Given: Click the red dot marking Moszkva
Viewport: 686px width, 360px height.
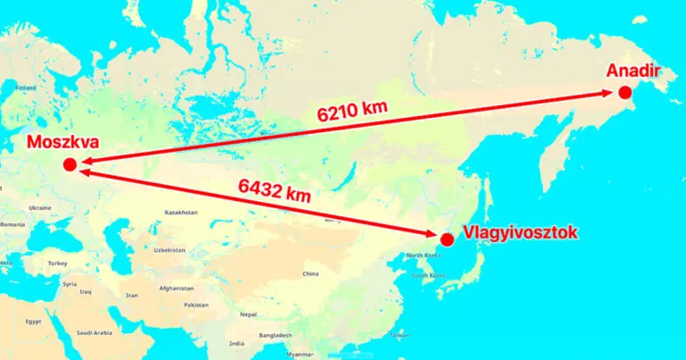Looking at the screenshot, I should pyautogui.click(x=69, y=164).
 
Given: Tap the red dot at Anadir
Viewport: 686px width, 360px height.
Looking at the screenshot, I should pyautogui.click(x=624, y=93).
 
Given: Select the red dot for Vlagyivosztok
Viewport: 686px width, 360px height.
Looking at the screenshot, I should pyautogui.click(x=447, y=239).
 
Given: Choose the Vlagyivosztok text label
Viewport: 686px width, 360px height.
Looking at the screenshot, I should pyautogui.click(x=521, y=233).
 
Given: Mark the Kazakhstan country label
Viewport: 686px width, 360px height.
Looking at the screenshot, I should pyautogui.click(x=181, y=213).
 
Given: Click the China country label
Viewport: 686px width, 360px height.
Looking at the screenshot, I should pyautogui.click(x=311, y=273).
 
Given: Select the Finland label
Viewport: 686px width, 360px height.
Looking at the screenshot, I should pyautogui.click(x=25, y=88).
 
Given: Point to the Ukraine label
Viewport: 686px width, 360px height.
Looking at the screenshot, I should pyautogui.click(x=39, y=207).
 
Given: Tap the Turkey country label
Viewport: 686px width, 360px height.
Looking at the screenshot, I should pyautogui.click(x=58, y=264).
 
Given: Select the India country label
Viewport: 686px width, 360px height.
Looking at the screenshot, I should pyautogui.click(x=237, y=343).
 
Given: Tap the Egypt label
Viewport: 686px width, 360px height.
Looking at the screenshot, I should pyautogui.click(x=33, y=321).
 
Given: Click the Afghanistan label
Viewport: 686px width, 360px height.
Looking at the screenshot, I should pyautogui.click(x=177, y=288).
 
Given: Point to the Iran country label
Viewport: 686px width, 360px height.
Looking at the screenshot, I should pyautogui.click(x=131, y=295).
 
